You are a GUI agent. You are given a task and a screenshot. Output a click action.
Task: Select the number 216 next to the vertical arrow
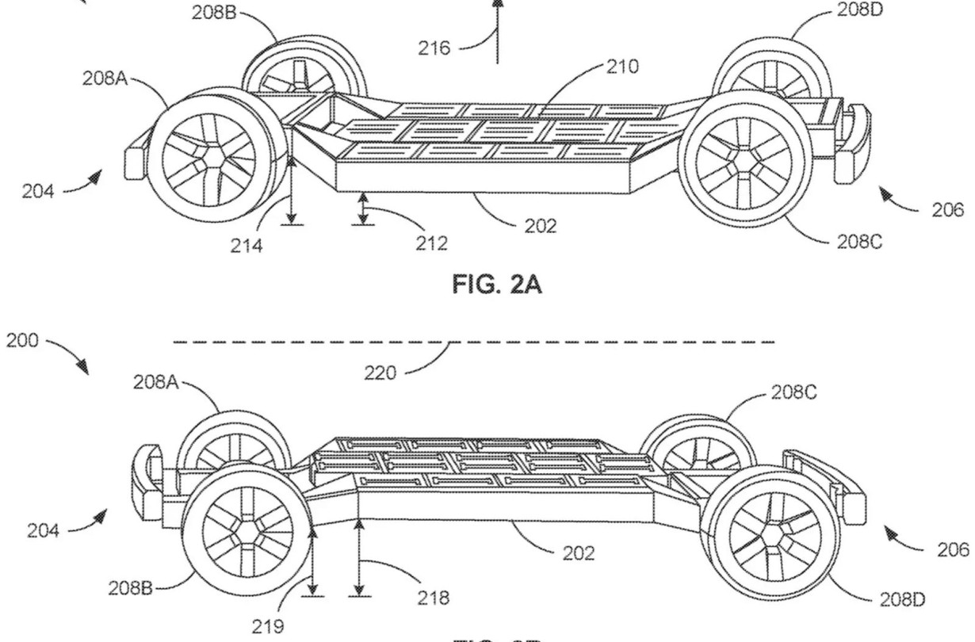click(x=434, y=49)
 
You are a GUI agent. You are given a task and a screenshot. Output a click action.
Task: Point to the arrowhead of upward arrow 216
click(x=497, y=5)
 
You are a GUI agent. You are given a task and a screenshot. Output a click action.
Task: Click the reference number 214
click(x=247, y=246)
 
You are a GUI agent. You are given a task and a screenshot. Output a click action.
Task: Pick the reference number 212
click(x=432, y=243)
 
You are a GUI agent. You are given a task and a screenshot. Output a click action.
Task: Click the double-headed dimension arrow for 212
click(x=364, y=208)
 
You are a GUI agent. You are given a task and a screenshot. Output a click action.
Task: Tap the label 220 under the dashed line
click(x=380, y=373)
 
